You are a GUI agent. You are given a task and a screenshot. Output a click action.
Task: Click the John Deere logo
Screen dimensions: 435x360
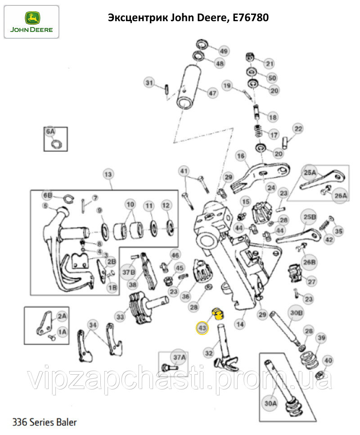point(31,21)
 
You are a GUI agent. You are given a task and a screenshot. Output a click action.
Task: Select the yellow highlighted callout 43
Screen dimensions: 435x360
point(202,328)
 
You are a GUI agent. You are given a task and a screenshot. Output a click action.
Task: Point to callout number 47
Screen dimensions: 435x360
point(211,93)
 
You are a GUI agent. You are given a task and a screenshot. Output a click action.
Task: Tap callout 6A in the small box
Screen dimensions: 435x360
point(50,131)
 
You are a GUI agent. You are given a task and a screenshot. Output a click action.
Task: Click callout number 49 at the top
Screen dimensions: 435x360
point(224,50)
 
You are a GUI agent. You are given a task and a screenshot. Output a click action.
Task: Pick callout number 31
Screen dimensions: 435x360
point(149,82)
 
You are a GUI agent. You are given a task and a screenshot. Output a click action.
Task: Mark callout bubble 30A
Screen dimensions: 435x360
point(270,403)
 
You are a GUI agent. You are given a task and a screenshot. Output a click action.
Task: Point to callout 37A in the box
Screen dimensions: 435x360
point(180,358)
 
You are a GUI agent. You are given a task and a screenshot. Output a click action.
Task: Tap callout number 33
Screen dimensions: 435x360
point(120,317)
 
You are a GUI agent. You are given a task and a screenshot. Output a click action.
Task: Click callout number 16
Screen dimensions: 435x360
point(241,156)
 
